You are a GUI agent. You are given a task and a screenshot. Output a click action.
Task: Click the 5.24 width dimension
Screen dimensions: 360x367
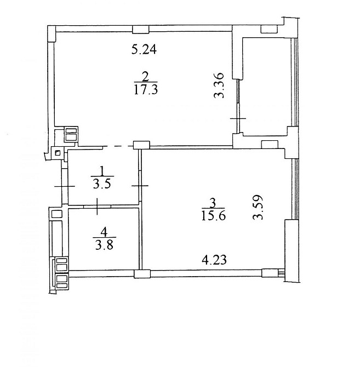[x=144, y=50]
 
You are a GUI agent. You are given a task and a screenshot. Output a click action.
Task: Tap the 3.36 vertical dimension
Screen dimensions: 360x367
[x=220, y=85]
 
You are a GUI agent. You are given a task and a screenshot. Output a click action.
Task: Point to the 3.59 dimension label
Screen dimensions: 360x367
[x=258, y=208]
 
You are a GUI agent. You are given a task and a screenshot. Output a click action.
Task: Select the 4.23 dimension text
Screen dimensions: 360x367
[x=214, y=260]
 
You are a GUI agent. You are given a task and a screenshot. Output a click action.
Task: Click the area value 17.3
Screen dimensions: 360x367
[x=146, y=89]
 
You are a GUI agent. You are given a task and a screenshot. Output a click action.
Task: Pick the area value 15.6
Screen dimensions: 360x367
[x=214, y=215]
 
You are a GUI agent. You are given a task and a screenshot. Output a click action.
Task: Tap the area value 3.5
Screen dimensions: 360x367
[x=102, y=184]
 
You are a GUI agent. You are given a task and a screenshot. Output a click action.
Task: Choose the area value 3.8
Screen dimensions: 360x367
[x=105, y=245]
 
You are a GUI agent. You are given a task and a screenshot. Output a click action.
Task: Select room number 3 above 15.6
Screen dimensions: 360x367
[x=213, y=203]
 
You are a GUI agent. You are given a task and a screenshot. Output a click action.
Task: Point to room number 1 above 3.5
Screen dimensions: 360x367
[x=101, y=171]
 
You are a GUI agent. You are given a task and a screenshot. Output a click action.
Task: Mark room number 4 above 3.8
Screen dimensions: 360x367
[x=104, y=232]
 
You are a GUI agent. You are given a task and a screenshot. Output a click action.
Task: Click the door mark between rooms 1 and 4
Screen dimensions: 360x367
[x=98, y=206]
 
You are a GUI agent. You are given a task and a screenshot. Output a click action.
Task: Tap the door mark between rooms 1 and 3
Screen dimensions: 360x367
[x=140, y=186]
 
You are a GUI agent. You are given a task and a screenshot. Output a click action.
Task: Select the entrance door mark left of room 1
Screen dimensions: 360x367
[x=64, y=186]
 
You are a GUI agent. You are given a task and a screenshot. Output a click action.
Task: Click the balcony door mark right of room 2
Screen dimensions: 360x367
[x=238, y=118]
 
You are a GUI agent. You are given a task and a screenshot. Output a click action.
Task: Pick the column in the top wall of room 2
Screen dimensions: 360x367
[x=141, y=29]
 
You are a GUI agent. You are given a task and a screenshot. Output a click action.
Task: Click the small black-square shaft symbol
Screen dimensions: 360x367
[x=58, y=153]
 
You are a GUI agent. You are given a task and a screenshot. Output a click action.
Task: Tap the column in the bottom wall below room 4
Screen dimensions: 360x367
[x=142, y=274]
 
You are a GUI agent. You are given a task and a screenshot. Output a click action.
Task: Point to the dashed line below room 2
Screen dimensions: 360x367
[x=118, y=146]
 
